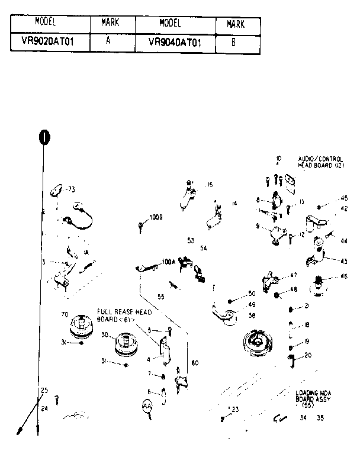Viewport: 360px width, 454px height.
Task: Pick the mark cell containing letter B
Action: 234,43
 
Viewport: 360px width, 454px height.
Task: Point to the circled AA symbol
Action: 147,407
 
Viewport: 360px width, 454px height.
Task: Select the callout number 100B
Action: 156,217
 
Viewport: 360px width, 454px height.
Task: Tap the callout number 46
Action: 343,276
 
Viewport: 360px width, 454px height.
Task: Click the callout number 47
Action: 293,276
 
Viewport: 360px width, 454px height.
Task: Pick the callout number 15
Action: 210,185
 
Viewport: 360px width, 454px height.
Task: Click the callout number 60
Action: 194,363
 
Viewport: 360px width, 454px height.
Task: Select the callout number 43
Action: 343,260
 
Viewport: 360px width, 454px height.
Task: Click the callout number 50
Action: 252,294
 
